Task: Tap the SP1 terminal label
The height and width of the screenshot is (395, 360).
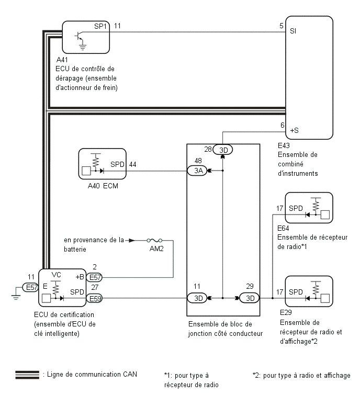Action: pyautogui.click(x=100, y=26)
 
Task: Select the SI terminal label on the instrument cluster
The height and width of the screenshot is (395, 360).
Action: pyautogui.click(x=293, y=31)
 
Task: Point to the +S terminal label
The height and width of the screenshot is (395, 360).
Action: pyautogui.click(x=294, y=130)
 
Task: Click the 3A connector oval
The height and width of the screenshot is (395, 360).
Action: pyautogui.click(x=197, y=171)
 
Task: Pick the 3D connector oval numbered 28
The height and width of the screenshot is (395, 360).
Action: pyautogui.click(x=223, y=150)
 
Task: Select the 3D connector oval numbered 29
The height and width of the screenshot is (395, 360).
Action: pyautogui.click(x=249, y=298)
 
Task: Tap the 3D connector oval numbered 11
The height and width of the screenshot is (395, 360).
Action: pyautogui.click(x=197, y=298)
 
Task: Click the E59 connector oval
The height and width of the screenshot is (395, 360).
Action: pyautogui.click(x=94, y=299)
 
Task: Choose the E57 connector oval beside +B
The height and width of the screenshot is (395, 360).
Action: pyautogui.click(x=94, y=277)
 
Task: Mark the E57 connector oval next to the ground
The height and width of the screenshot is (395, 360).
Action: pyautogui.click(x=30, y=287)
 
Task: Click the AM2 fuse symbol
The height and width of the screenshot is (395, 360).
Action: pyautogui.click(x=154, y=240)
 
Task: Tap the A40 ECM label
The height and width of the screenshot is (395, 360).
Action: pyautogui.click(x=103, y=186)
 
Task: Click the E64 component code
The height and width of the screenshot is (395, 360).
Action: pyautogui.click(x=283, y=228)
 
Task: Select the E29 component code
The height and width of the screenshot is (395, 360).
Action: pyautogui.click(x=286, y=312)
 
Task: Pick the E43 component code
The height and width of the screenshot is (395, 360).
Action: pyautogui.click(x=284, y=145)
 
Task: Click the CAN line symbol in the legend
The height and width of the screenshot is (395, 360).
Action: pyautogui.click(x=27, y=375)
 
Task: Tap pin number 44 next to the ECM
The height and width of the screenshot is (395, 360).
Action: pyautogui.click(x=133, y=164)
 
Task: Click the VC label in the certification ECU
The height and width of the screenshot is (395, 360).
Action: pyautogui.click(x=56, y=275)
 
